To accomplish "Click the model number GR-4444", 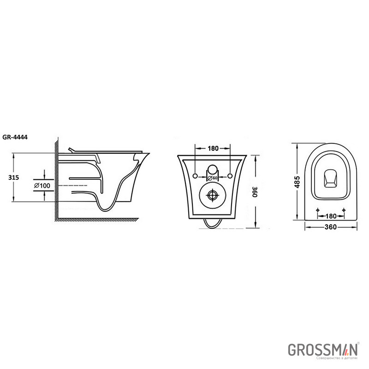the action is click(15, 137).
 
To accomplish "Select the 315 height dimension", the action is click(13, 178).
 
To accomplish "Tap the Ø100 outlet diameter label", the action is click(42, 186).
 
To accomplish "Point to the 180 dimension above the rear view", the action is click(213, 148).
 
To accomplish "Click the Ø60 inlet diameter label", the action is click(213, 178).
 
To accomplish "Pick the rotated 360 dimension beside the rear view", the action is click(255, 192).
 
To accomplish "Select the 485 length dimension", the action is click(298, 182).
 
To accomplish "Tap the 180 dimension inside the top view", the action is click(331, 216).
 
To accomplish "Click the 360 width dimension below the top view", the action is click(331, 227).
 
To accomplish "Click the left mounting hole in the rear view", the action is click(195, 176).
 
